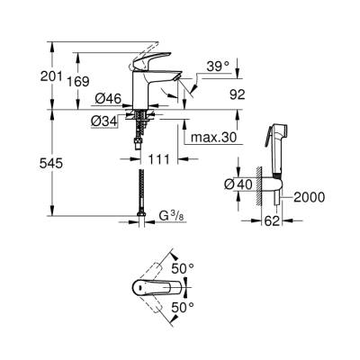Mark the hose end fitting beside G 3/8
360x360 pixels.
pos(143,216)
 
